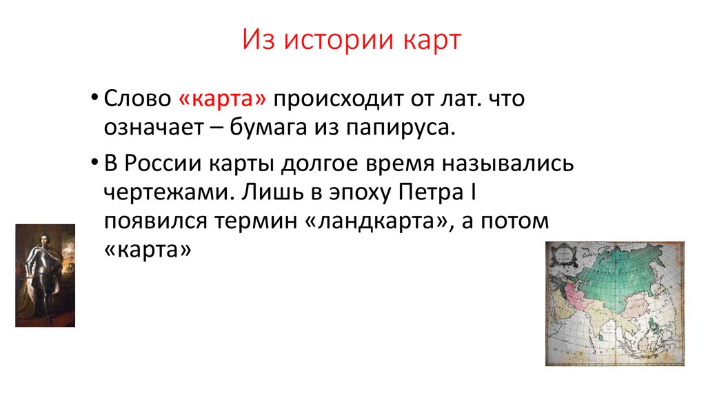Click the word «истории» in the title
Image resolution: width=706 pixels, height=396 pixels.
click(339, 39)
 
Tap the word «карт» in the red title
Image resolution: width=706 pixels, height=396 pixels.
click(432, 39)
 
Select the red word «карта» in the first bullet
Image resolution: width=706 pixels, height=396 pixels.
click(223, 98)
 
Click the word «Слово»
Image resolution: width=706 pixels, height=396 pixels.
click(137, 98)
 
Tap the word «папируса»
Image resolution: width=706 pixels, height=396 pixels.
click(401, 128)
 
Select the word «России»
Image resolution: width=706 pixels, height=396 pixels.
click(163, 163)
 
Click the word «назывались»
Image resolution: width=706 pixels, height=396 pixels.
click(507, 164)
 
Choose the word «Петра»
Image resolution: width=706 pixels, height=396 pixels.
click(431, 192)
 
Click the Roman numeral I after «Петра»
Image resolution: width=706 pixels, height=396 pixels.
click(473, 192)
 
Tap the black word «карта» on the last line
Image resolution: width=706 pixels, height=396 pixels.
click(148, 250)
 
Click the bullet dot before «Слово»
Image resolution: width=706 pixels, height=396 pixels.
click(94, 98)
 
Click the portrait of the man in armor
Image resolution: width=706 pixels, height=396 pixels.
click(45, 275)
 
